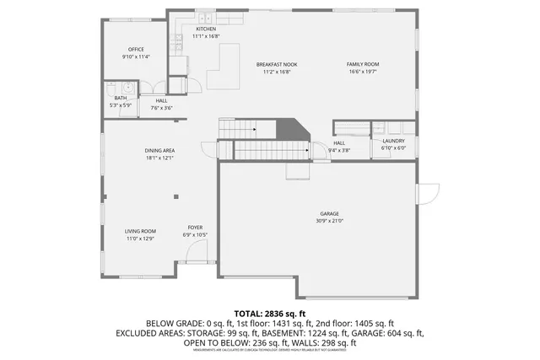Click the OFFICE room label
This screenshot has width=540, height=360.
tap(136, 50)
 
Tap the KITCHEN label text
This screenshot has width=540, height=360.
tap(206, 30)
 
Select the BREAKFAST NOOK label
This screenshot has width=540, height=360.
tap(277, 65)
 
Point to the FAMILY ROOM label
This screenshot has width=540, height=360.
tap(364, 65)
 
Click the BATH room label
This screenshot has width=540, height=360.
tap(121, 98)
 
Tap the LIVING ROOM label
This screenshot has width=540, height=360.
tap(141, 231)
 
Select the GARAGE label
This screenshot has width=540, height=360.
tap(330, 214)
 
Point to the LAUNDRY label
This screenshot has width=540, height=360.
tap(393, 141)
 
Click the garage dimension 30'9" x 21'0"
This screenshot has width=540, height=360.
tap(330, 221)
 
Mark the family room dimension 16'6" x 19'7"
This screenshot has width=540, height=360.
tap(364, 72)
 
